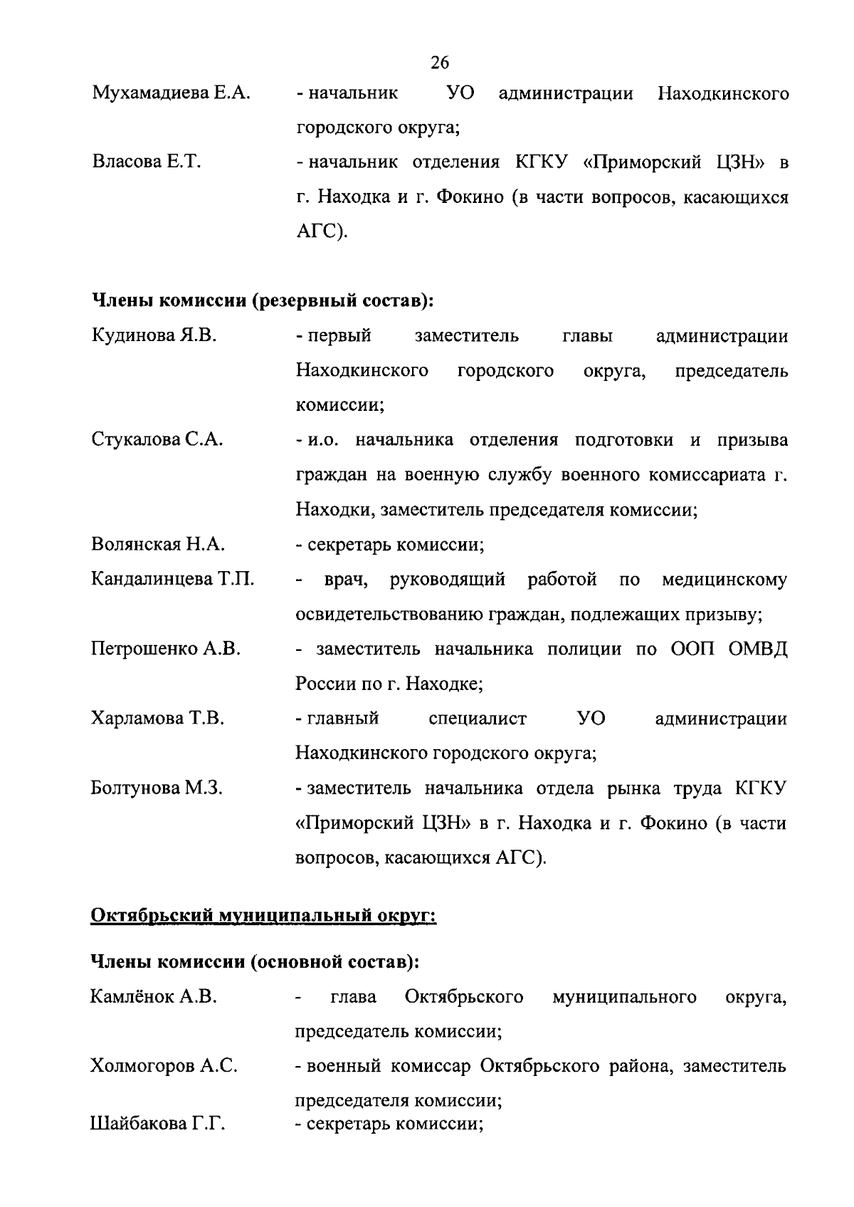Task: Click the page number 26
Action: coord(440,63)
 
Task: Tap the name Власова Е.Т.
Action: coord(147,162)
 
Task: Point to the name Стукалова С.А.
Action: coord(157,440)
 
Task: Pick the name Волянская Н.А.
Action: coord(158,545)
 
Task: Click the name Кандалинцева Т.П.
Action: coord(172,579)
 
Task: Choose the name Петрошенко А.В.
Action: coord(166,649)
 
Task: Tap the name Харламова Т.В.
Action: coord(157,719)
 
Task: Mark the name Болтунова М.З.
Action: coord(157,788)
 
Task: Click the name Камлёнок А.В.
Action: coord(154,997)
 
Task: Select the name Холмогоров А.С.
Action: coord(164,1066)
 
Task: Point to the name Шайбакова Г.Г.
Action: coord(157,1124)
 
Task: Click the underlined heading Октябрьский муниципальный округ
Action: coord(263,914)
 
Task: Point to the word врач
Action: coord(345,580)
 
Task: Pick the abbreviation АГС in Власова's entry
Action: coord(318,232)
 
